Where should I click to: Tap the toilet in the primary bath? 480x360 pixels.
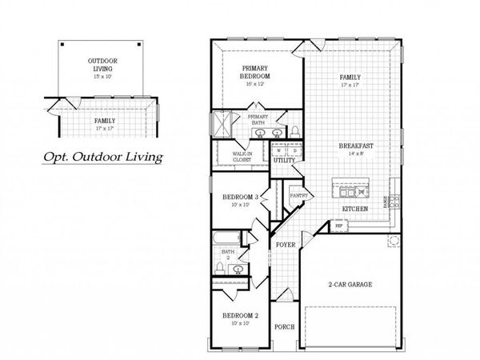(294, 130)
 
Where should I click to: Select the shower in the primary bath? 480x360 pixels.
(218, 125)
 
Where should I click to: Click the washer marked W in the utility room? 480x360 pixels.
(280, 150)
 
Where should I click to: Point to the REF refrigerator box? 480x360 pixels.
(339, 226)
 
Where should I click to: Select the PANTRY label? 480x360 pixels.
(299, 194)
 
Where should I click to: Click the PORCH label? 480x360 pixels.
(284, 326)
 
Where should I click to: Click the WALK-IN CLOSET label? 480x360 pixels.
(242, 156)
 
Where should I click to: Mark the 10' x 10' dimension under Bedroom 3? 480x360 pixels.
(238, 206)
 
